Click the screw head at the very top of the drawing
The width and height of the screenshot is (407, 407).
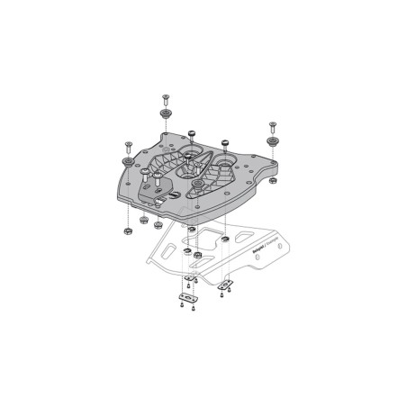click(167, 96)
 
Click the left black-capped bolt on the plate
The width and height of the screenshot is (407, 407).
click(194, 132)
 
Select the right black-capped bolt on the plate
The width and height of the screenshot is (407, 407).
click(223, 142)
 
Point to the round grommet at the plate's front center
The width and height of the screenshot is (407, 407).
click(196, 186)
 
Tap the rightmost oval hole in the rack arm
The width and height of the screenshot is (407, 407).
click(261, 258)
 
